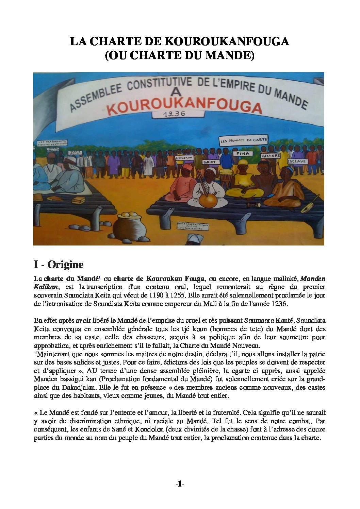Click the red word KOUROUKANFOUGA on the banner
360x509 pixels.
point(184,106)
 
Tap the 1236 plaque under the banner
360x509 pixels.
point(174,115)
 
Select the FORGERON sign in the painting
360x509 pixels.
point(184,158)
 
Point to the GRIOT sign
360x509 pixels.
point(209,162)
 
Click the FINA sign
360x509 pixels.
point(242,153)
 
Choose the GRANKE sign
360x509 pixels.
point(271,155)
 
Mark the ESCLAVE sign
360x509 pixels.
point(296,161)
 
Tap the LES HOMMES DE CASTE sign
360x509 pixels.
point(243,140)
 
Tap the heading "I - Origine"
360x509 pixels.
point(59,264)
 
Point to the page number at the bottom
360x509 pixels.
point(179,484)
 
